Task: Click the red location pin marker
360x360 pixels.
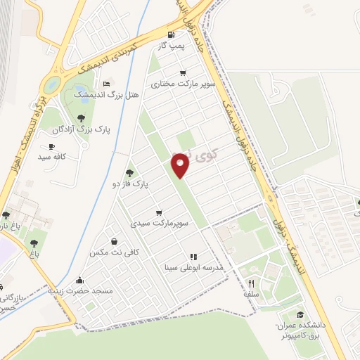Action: (181, 166)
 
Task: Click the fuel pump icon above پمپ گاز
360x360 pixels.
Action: (171, 35)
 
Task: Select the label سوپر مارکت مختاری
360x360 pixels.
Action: (194, 84)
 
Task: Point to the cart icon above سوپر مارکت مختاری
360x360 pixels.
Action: (183, 73)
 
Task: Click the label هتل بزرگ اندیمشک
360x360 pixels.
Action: (117, 94)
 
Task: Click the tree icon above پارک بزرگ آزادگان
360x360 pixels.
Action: (81, 118)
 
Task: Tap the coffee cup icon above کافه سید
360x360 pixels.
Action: (51, 146)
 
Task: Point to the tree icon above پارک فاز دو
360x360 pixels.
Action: (129, 172)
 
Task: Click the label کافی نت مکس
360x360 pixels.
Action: (115, 251)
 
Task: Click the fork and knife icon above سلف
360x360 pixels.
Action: (252, 283)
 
